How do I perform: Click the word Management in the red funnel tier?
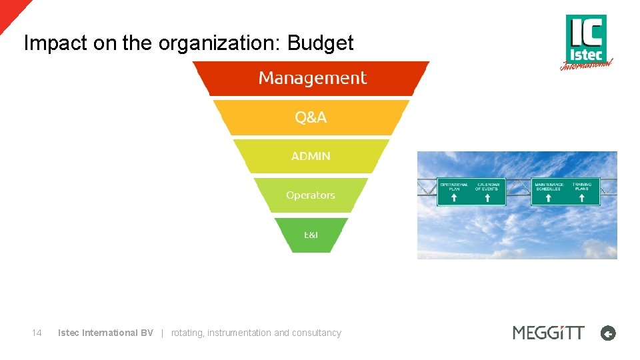pyautogui.click(x=312, y=79)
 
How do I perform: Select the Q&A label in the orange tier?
pyautogui.click(x=311, y=118)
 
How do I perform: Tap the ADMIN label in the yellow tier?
pyautogui.click(x=311, y=156)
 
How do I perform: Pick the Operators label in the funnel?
pyautogui.click(x=310, y=195)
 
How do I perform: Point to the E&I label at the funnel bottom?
pyautogui.click(x=311, y=235)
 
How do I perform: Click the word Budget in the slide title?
pyautogui.click(x=320, y=43)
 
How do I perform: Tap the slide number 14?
pyautogui.click(x=37, y=333)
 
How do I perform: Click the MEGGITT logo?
pyautogui.click(x=548, y=333)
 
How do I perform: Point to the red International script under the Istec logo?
pyautogui.click(x=585, y=65)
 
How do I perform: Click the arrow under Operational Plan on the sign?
pyautogui.click(x=454, y=198)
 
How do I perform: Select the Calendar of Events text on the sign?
pyautogui.click(x=488, y=187)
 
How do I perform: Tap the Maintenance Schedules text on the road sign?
pyautogui.click(x=549, y=187)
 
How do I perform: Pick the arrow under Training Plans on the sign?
pyautogui.click(x=583, y=198)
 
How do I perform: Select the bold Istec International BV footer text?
pyautogui.click(x=105, y=333)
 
